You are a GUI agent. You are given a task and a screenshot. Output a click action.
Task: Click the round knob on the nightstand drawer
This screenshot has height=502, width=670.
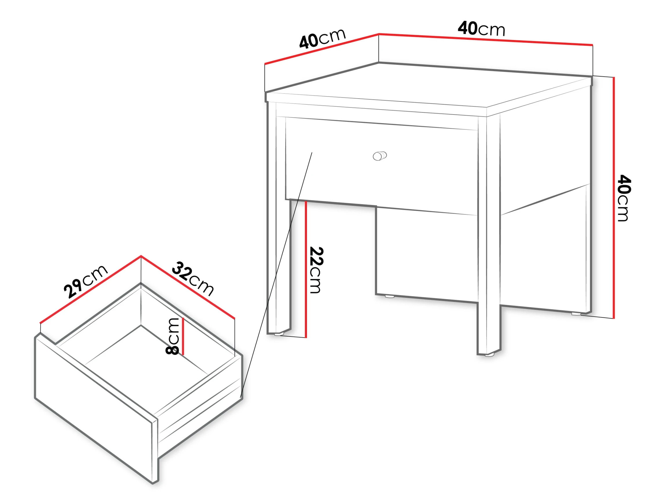(380, 156)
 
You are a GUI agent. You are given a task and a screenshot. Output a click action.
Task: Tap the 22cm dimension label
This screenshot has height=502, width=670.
(317, 270)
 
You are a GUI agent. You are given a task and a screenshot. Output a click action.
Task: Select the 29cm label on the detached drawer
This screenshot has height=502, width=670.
(86, 281)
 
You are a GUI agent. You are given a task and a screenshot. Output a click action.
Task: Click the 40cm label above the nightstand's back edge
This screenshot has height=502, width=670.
(481, 28)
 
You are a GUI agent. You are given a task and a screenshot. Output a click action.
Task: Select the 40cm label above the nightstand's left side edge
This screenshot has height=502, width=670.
(322, 39)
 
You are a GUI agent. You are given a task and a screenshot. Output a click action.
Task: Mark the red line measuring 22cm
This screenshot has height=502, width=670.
(306, 269)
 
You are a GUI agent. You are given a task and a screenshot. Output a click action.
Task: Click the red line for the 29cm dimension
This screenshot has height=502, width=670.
(91, 289)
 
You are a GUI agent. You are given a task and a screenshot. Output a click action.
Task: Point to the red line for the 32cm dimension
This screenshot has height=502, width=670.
(188, 287)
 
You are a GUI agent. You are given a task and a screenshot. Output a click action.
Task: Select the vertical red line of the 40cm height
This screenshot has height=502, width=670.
(614, 198)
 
